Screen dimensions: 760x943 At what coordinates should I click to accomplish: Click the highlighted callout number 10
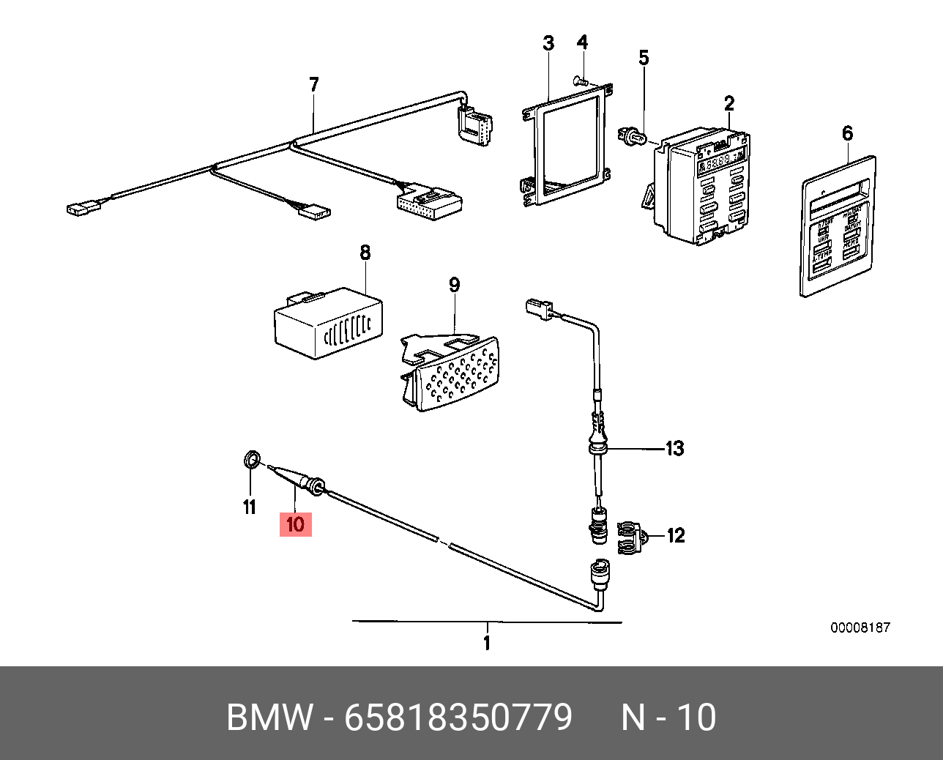point(296,524)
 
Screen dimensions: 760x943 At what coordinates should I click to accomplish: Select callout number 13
point(674,448)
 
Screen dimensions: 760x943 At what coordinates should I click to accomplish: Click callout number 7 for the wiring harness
point(314,84)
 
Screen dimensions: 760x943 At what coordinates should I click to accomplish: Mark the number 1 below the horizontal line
point(487,643)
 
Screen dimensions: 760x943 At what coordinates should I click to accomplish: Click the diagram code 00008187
point(860,627)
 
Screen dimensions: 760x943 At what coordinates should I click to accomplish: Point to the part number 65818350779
point(458,718)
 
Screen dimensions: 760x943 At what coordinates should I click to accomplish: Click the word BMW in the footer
point(269,718)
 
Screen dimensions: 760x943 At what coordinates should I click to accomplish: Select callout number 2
point(729,103)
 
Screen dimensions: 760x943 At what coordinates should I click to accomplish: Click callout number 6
point(847,133)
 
